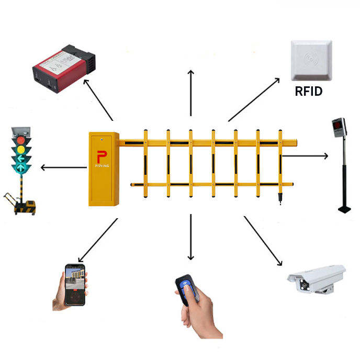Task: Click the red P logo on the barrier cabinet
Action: (102, 155)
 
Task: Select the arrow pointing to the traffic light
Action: (63, 167)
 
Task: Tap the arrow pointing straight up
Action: (191, 92)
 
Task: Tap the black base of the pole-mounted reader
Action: (344, 209)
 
